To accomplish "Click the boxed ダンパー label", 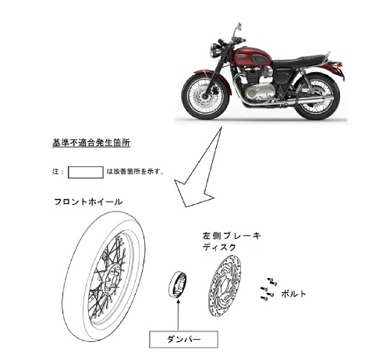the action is tap(183, 340).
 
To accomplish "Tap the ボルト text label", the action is tap(293, 294).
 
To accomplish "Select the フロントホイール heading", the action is tap(88, 201).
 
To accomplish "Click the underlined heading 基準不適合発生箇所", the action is tap(91, 143).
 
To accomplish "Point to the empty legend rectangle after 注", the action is tap(86, 173).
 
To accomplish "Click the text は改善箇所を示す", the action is tap(135, 172).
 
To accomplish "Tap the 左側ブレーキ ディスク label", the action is tap(232, 241).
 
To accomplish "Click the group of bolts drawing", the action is tap(268, 289).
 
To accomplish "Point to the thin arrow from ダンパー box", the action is tap(178, 315).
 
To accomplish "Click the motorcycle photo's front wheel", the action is tap(205, 95).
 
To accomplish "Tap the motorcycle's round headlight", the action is tap(215, 50).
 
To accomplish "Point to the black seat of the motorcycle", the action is tap(299, 61).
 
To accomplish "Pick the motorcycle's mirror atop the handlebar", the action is tap(239, 27).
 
